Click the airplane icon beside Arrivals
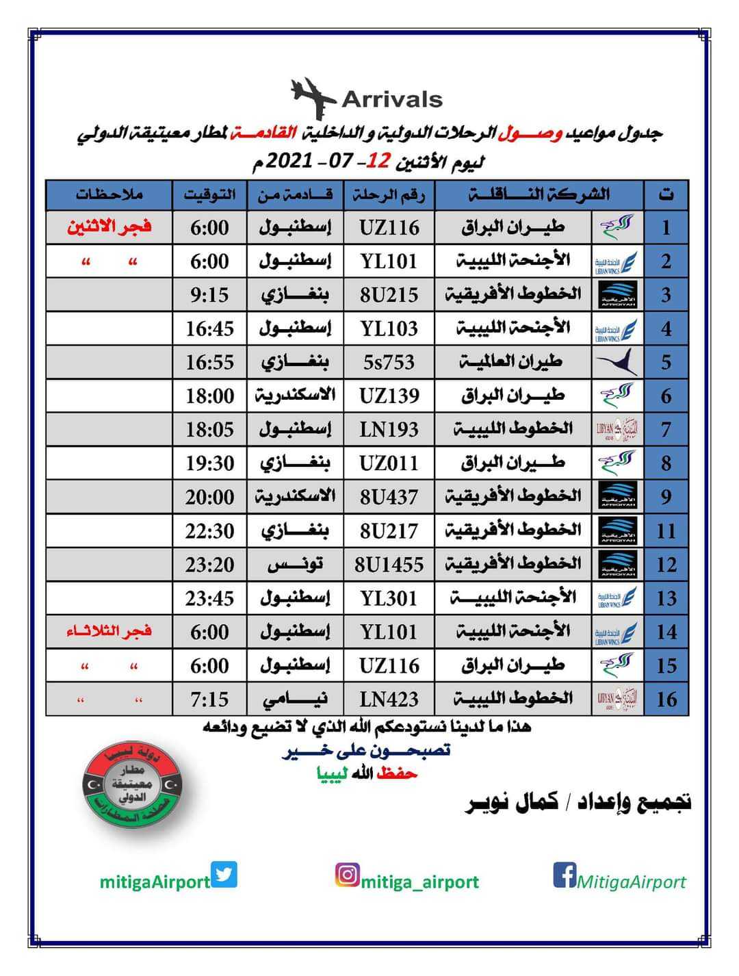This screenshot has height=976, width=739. pos(313,98)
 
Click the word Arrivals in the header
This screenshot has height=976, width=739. pos(392,100)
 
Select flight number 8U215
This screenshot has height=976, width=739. pos(389,295)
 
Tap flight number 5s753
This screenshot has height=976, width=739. pos(389,362)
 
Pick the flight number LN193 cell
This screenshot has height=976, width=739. pos(389,430)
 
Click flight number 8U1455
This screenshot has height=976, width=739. pos(389,565)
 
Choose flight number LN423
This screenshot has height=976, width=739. pos(389,699)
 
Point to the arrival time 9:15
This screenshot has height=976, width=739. pos(209,295)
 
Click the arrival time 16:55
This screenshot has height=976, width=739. pos(209,362)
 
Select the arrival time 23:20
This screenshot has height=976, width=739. pos(209,565)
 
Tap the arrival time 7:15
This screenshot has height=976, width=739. pos(209,699)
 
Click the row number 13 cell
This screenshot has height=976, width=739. pos(666,598)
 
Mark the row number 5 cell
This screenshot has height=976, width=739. pos(666,362)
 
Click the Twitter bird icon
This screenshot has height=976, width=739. pos(224,875)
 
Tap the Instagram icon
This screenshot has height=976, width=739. pos(348,875)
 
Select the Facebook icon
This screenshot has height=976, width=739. pos(565,875)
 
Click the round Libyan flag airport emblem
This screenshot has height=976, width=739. pos(131,786)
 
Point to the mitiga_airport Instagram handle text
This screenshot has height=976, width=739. pos(420,882)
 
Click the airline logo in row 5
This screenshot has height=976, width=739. pos(617,362)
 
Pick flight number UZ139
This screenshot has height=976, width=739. pos(389,396)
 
